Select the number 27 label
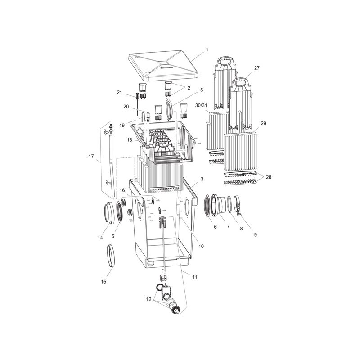pos(257,68)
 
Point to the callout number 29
pos(264,123)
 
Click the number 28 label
pos(268,177)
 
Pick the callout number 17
pos(91,157)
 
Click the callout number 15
pos(103,282)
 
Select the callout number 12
pos(149,299)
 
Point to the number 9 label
pos(256,235)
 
